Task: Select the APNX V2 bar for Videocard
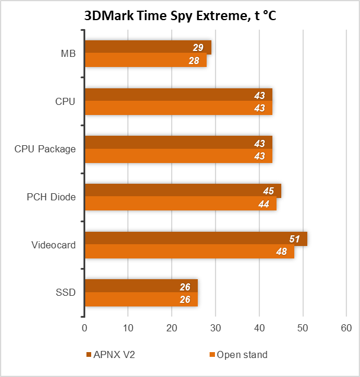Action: tap(195, 239)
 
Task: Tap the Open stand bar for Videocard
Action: tap(189, 252)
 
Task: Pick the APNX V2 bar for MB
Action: tap(148, 47)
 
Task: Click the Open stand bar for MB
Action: tap(146, 60)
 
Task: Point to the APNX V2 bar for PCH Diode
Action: tap(182, 191)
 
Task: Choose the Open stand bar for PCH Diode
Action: tap(181, 204)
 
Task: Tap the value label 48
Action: tap(282, 252)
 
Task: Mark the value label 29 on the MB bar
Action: tap(198, 47)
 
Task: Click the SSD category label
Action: tap(66, 292)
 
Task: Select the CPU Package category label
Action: tap(45, 149)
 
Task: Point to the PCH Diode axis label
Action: tap(52, 197)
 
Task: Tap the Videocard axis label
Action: tap(53, 245)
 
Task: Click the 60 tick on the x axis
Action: tap(346, 328)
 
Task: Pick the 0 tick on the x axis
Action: tap(85, 328)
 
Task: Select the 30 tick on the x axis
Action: tap(216, 328)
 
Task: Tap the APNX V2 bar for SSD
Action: tap(141, 287)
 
